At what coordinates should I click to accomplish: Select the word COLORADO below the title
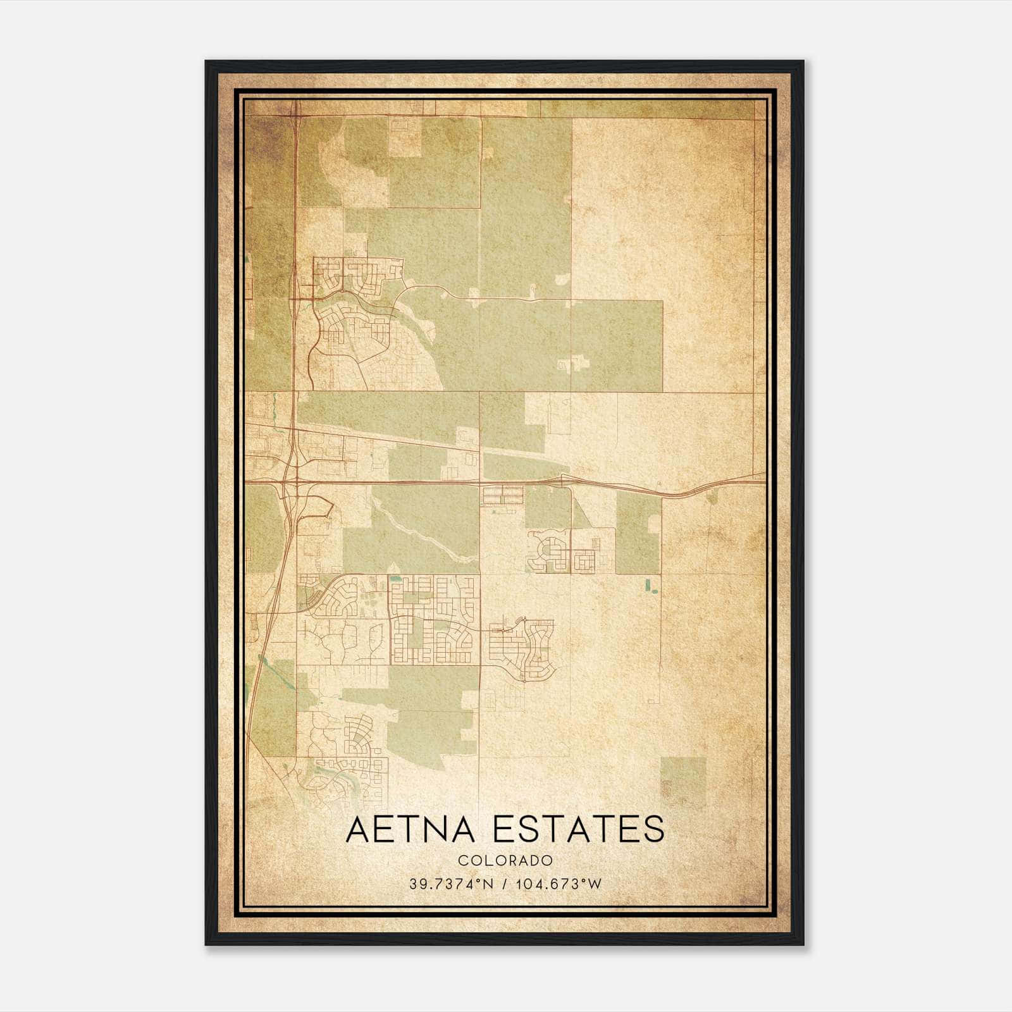[505, 861]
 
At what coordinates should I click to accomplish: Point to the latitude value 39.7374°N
[450, 884]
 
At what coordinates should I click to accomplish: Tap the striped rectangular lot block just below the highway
[502, 495]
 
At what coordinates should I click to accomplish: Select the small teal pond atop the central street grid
[396, 578]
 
